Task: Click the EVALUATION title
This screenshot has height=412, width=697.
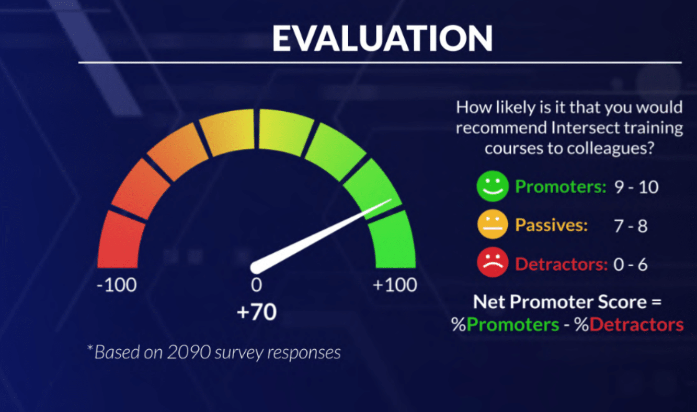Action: click(382, 38)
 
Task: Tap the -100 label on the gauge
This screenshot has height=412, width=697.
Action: click(117, 285)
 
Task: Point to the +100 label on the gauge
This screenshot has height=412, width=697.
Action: click(395, 285)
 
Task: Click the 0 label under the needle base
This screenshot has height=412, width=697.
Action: click(256, 285)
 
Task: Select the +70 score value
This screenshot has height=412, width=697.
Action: click(257, 312)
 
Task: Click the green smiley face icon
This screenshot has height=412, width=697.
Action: click(493, 186)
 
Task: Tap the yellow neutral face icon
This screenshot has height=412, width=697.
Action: click(493, 225)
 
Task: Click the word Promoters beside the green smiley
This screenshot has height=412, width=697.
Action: click(561, 186)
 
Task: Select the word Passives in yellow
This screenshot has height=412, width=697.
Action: click(551, 225)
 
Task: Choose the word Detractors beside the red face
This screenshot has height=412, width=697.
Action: click(562, 264)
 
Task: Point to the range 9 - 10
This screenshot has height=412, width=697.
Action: click(636, 187)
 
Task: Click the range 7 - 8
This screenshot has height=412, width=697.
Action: click(631, 226)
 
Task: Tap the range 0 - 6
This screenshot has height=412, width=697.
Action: click(631, 265)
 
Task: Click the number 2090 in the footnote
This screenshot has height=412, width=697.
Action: click(189, 352)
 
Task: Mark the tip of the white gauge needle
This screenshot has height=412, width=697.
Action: click(391, 199)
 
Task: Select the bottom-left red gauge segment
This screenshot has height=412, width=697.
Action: click(120, 240)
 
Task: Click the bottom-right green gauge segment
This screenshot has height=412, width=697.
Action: click(393, 240)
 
